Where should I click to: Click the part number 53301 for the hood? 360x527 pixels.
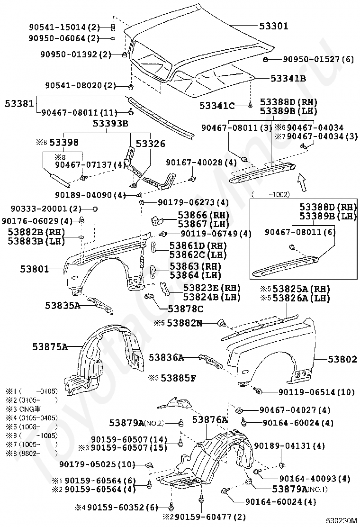pos(273,26)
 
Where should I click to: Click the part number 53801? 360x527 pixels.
pos(34,269)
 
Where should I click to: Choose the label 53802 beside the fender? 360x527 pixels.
pos(342,360)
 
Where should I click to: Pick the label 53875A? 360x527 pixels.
pos(50,346)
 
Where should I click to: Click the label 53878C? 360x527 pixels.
pos(185,309)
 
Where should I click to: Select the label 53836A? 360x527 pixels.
pos(166,357)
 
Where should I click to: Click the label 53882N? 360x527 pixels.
pos(185,323)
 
